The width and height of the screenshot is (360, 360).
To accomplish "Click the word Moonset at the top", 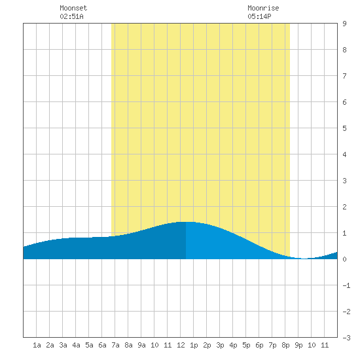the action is point(73,8).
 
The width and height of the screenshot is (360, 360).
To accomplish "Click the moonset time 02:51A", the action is point(71,16).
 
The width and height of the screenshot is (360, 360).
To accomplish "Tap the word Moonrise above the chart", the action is point(263,8).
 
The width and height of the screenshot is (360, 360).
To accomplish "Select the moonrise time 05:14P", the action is point(259,16).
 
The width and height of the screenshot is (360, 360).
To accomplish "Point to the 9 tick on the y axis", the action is point(344,24).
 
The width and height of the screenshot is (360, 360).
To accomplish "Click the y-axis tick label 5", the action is point(344,128).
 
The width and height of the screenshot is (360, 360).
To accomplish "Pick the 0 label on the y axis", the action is point(344,259).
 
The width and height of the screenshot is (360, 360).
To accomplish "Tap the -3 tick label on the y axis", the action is point(346,338).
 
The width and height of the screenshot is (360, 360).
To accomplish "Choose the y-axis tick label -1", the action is point(346,285).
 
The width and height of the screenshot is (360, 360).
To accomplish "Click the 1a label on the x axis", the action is point(37,345).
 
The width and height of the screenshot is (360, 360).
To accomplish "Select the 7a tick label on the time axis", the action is point(115,345).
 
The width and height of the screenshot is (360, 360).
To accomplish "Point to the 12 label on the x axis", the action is point(181,345).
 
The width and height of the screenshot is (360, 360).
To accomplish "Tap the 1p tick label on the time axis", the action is point(194,345).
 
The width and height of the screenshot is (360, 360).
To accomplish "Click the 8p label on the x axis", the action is point(285,345).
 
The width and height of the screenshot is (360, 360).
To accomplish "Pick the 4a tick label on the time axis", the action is point(76,345).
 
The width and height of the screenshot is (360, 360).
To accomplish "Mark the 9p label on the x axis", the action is point(298,345).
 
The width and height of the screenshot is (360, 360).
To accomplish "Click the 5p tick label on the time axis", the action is point(246,345).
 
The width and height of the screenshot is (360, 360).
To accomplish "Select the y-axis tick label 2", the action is point(344,207).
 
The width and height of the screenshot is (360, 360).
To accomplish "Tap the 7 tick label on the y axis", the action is point(344,76).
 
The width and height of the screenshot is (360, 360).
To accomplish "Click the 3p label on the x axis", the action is point(220,345).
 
